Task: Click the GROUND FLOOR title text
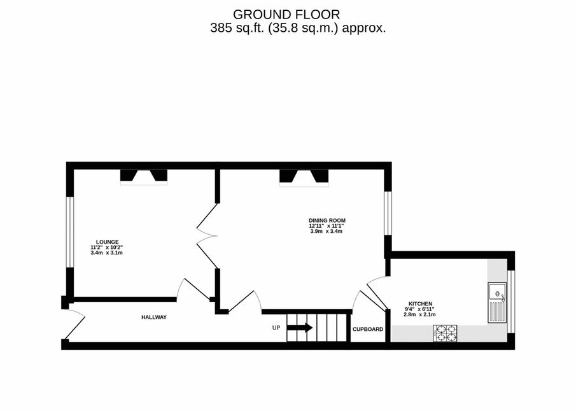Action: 286,15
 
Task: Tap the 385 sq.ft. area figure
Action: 237,28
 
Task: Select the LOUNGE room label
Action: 108,242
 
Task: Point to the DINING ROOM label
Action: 327,220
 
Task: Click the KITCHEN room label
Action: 421,303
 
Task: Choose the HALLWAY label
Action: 154,317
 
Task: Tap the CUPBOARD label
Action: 368,330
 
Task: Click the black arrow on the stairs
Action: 299,328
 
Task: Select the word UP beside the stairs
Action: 276,328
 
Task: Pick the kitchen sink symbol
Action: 497,303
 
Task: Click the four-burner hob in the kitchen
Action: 445,333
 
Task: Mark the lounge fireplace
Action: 144,177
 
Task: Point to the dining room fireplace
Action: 304,178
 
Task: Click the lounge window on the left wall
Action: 70,232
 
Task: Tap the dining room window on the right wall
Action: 388,213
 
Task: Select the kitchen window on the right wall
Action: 511,302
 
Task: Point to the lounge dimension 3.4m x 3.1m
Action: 106,253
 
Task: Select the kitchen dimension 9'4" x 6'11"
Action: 420,309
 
